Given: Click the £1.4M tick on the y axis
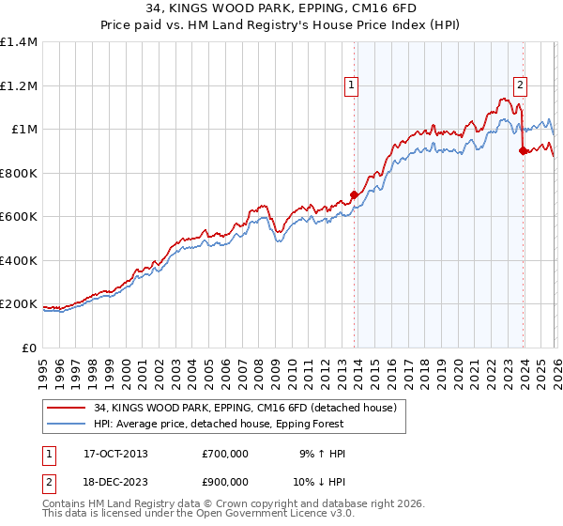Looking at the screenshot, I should [20, 42].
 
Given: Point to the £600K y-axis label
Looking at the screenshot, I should [20, 217].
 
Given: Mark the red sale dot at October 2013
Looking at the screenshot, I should [354, 195].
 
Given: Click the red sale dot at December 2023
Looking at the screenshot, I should [523, 151].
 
